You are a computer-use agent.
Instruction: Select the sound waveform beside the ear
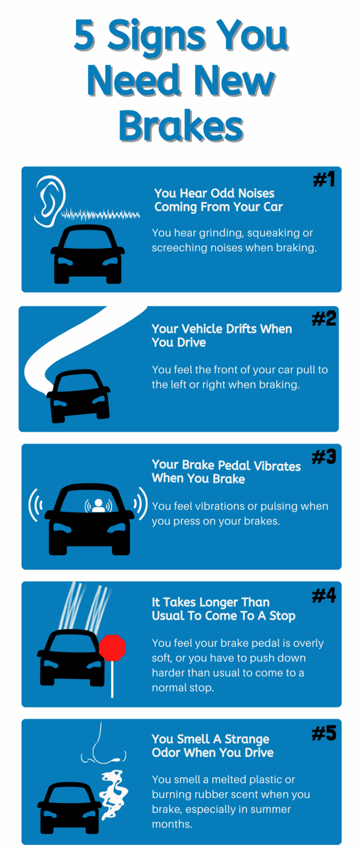(x=101, y=215)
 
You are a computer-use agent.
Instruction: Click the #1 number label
(x=324, y=179)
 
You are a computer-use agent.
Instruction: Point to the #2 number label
(x=324, y=318)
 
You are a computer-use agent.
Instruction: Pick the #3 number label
(x=324, y=456)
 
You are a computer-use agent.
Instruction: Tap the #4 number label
(x=324, y=595)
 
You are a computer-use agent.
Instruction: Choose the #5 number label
(x=324, y=733)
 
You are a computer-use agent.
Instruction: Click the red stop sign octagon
(x=112, y=648)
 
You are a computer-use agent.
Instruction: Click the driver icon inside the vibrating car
(x=98, y=505)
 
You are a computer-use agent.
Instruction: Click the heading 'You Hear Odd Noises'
(x=214, y=193)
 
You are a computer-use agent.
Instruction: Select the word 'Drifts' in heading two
(x=237, y=329)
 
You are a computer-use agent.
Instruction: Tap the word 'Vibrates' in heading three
(x=277, y=466)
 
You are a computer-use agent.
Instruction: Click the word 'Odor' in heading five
(x=166, y=752)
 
